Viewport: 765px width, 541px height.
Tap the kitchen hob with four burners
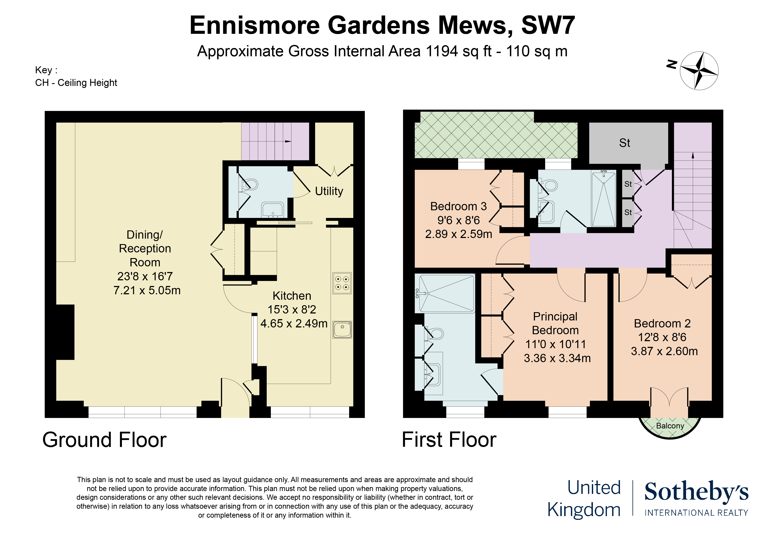click(342, 283)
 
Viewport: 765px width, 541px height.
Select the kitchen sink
click(342, 329)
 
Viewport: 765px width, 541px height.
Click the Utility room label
click(329, 191)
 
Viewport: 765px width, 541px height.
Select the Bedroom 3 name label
click(458, 206)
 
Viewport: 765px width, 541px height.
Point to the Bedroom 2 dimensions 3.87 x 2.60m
click(664, 351)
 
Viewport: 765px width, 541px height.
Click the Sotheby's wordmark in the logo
click(696, 492)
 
